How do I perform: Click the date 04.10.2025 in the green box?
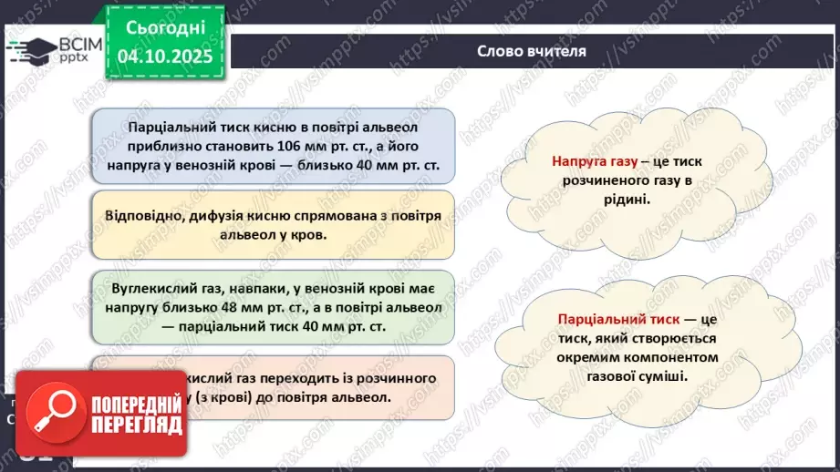click(165, 56)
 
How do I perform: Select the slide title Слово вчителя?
click(532, 51)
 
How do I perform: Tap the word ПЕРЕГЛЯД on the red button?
click(136, 425)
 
